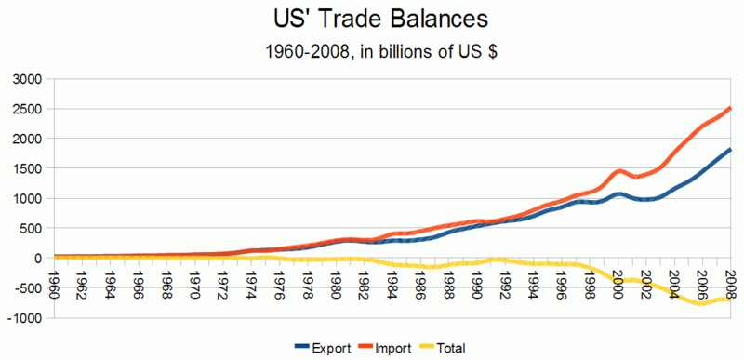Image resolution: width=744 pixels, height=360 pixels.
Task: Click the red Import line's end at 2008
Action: point(730,108)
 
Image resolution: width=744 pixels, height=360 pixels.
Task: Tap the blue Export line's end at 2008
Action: point(730,150)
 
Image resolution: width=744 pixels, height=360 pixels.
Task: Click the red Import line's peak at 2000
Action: point(619,171)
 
